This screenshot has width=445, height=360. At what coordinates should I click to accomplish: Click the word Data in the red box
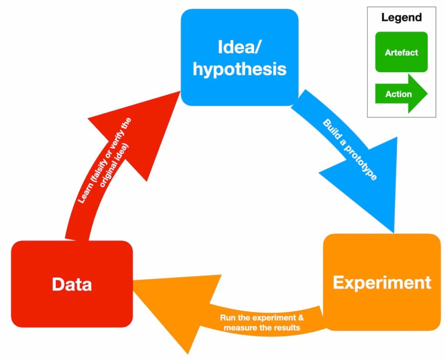point(72,284)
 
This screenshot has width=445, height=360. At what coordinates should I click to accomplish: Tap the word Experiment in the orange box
point(382,283)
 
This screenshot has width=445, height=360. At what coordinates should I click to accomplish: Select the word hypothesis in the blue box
point(239,69)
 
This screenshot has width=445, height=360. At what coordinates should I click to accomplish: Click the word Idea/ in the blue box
point(239,47)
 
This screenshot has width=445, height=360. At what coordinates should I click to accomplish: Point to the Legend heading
point(401,18)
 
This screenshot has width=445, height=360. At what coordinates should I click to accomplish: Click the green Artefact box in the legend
point(401,52)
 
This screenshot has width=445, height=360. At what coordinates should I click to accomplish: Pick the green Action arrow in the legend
point(401,94)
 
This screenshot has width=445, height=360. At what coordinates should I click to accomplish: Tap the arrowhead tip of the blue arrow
point(394,233)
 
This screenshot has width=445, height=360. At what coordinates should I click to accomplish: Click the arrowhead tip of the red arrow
point(181,91)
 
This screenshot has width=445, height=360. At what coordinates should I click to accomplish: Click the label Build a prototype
point(350,150)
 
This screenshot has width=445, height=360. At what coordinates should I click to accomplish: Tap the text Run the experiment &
point(262,317)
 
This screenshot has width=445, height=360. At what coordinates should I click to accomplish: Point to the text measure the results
point(262,328)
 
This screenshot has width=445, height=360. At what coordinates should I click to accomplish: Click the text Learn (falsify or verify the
point(104,161)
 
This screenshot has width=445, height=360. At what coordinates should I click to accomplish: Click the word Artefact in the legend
point(401,53)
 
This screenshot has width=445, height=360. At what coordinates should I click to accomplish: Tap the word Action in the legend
point(399,94)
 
